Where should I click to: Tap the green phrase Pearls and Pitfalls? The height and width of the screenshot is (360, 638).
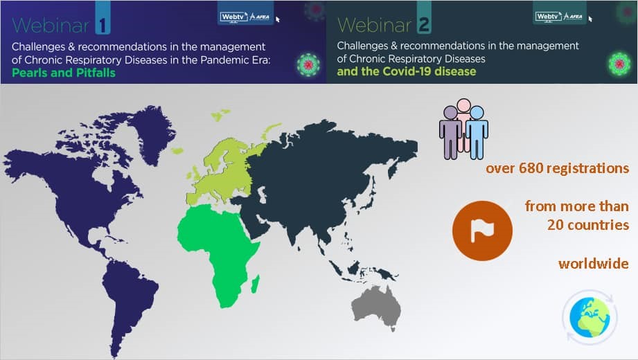coord(64,73)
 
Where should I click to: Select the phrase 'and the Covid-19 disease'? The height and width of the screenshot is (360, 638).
coord(407,71)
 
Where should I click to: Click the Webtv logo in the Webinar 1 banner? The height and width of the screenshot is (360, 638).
coord(245,17)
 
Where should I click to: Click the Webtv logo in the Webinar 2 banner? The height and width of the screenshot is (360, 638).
coord(559,17)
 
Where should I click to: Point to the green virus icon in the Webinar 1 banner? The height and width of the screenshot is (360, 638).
coord(308,64)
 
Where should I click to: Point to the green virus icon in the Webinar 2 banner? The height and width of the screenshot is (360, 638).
coord(619,64)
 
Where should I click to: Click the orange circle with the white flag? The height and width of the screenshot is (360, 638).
coord(482,231)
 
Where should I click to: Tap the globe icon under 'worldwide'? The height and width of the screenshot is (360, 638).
coord(590,317)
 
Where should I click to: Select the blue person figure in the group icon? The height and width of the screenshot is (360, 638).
coord(477,132)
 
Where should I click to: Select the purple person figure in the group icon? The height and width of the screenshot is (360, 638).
coord(450,132)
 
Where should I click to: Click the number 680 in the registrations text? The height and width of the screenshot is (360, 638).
coord(530,168)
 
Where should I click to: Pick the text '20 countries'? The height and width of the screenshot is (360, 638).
coord(588,225)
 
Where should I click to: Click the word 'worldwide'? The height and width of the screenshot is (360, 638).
coord(594,264)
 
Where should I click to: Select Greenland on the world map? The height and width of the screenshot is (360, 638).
coord(152,132)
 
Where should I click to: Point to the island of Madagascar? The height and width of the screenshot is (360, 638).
coord(255,284)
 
